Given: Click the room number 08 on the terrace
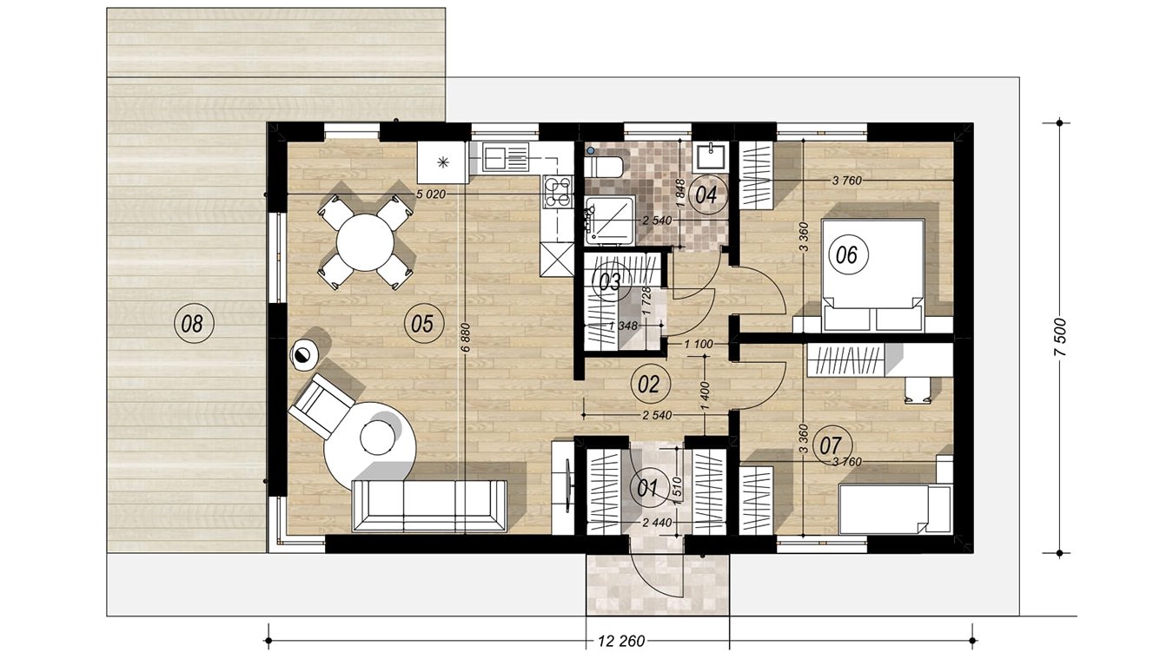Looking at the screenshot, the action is (192, 324).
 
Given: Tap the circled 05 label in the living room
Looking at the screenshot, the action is (422, 324).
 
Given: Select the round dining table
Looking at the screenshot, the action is (365, 242).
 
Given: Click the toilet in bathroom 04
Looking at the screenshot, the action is (604, 166).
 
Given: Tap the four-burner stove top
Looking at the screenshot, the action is (558, 191).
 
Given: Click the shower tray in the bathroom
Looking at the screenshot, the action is (610, 220).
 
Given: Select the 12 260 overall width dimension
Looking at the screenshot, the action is (621, 641).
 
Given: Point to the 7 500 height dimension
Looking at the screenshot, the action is (1060, 338).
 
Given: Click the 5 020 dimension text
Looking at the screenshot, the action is (431, 194).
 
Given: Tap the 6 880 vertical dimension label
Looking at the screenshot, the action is (467, 339).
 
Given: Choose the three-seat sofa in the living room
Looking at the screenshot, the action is (429, 505).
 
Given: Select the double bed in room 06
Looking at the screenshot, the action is (871, 275).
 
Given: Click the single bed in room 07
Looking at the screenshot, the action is (894, 509).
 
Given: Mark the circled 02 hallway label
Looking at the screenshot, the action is (648, 385).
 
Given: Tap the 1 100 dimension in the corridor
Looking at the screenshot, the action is (699, 345).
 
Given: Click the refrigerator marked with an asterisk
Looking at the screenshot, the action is (443, 162).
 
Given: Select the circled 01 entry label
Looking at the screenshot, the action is (647, 488).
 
